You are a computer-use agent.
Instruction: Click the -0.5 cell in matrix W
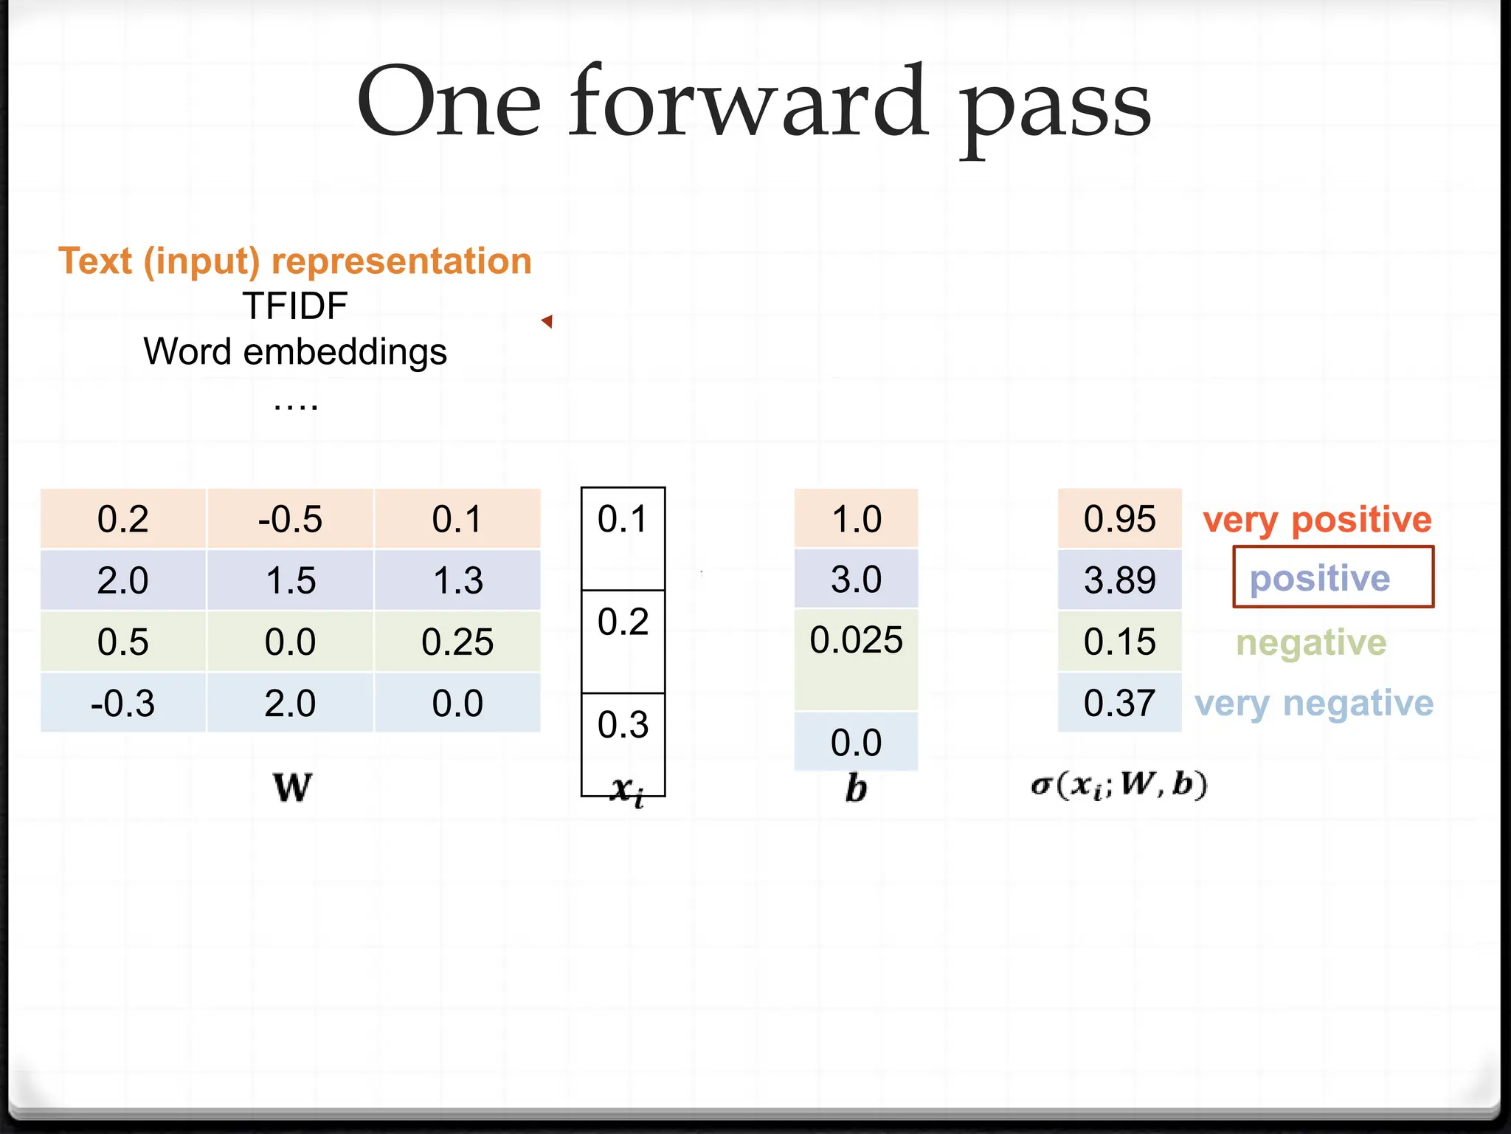(x=290, y=519)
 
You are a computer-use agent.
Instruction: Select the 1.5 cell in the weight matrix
(x=290, y=580)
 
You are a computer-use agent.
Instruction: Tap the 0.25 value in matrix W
(x=457, y=642)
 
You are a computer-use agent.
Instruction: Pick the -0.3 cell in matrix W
(x=122, y=703)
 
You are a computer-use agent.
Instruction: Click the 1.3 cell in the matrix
(x=457, y=580)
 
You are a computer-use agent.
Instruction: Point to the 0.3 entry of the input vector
(x=623, y=725)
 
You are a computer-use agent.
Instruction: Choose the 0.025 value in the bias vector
(x=856, y=640)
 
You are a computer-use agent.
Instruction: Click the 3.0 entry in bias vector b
(x=856, y=580)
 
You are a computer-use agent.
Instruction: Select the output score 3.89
(x=1119, y=580)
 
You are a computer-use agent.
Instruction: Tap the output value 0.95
(x=1119, y=519)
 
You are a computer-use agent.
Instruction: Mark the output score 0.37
(x=1119, y=703)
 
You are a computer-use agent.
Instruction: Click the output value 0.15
(x=1119, y=642)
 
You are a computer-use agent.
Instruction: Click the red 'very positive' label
(x=1317, y=520)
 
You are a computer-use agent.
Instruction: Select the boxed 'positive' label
(x=1320, y=578)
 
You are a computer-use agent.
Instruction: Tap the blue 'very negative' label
(x=1314, y=703)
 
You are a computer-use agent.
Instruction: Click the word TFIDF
(x=295, y=306)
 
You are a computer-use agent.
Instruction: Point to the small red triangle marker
(x=547, y=321)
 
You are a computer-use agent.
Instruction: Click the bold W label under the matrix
(x=292, y=787)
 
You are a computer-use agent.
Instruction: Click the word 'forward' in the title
(x=747, y=103)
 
